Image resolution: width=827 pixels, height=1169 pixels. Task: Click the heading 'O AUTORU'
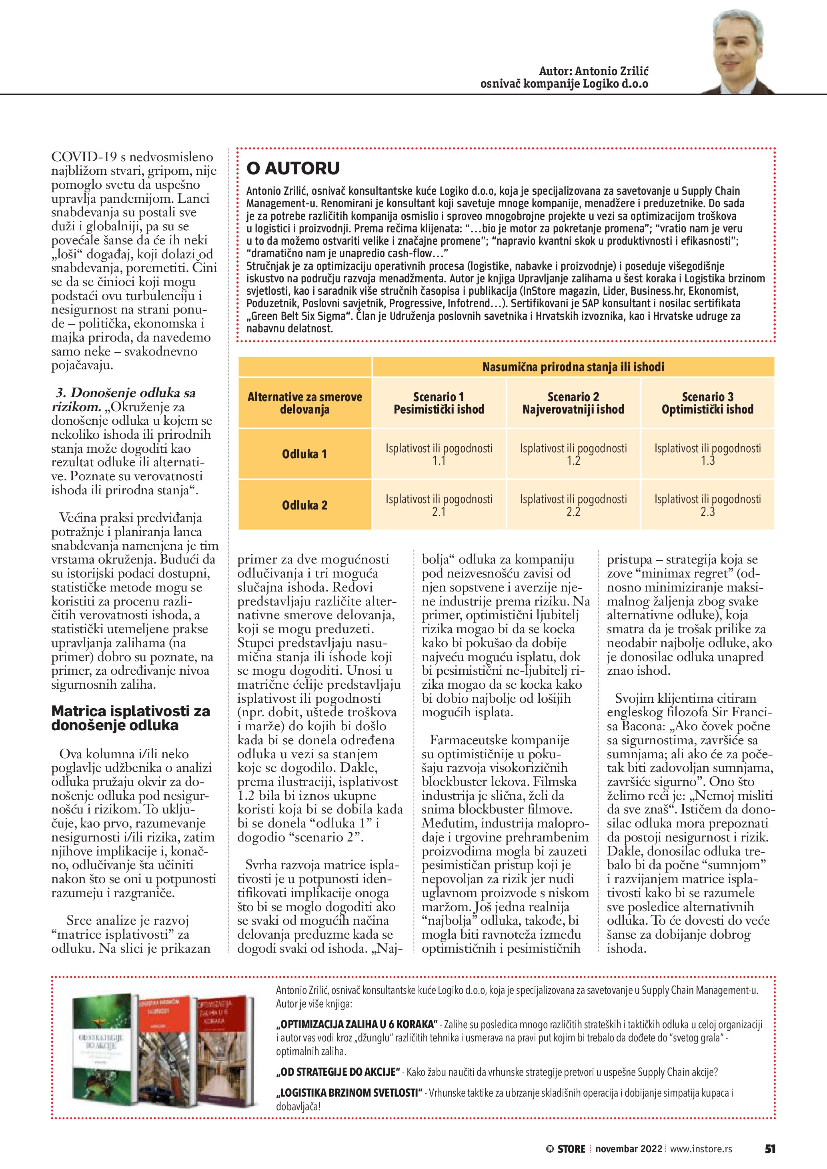pyautogui.click(x=293, y=168)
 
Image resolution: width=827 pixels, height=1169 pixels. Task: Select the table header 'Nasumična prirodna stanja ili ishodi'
pyautogui.click(x=573, y=367)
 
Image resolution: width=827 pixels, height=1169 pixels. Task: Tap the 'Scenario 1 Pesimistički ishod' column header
pyautogui.click(x=439, y=403)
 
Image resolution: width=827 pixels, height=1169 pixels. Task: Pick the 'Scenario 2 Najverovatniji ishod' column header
pyautogui.click(x=573, y=403)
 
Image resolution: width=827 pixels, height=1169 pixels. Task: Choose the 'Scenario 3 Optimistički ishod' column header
pyautogui.click(x=707, y=403)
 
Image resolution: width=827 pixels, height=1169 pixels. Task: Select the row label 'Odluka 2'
pyautogui.click(x=304, y=505)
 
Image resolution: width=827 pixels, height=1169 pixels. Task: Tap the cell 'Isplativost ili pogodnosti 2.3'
pyautogui.click(x=707, y=505)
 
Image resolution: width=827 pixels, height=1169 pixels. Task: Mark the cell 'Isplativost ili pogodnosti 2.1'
pyautogui.click(x=439, y=505)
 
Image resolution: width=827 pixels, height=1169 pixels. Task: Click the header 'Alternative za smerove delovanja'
pyautogui.click(x=304, y=403)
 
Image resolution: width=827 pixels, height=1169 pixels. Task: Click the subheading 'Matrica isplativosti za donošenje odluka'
pyautogui.click(x=130, y=718)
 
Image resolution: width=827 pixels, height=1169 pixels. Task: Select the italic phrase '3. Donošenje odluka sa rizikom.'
pyautogui.click(x=124, y=400)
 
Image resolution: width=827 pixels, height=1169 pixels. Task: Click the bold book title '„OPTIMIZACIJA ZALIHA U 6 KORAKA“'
pyautogui.click(x=357, y=1024)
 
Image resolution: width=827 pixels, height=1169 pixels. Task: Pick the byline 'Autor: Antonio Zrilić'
pyautogui.click(x=593, y=71)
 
